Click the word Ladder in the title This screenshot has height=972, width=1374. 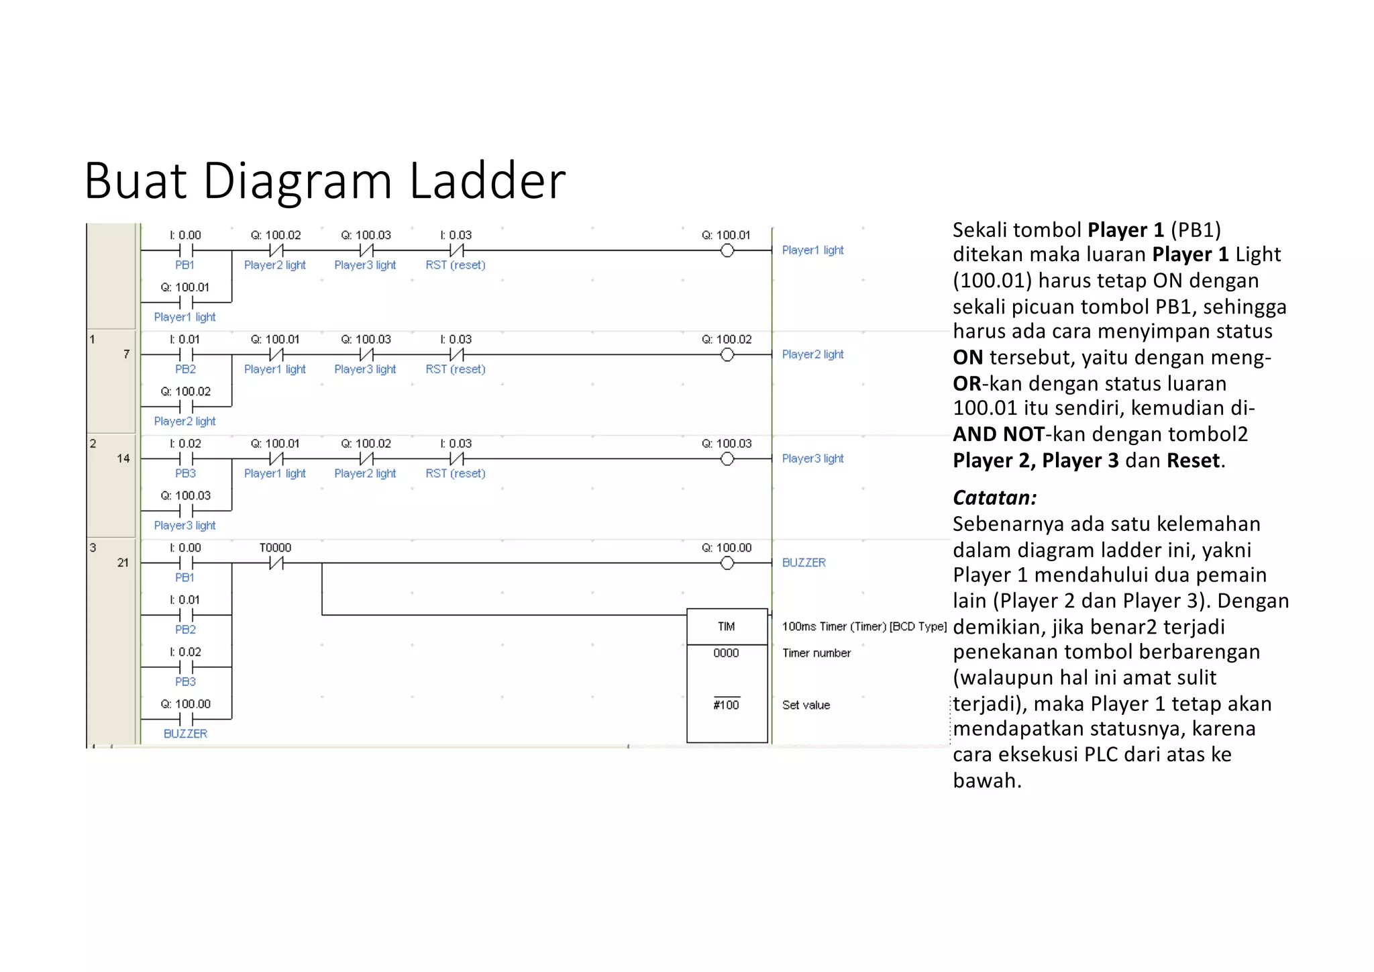(488, 181)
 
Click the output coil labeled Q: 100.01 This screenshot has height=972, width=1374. (727, 251)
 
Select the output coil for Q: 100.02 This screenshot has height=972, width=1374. (727, 355)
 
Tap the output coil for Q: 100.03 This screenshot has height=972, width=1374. (727, 459)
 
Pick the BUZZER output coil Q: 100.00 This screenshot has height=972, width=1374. (727, 563)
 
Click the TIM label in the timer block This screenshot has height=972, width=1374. (727, 626)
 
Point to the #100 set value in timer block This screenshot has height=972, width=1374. (727, 705)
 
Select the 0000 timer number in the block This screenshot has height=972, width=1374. (727, 653)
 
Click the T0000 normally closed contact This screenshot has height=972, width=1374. (276, 563)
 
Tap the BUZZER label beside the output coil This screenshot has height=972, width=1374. (804, 563)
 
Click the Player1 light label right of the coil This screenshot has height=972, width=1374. (812, 250)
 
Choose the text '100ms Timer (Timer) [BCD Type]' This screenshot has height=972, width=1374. (864, 626)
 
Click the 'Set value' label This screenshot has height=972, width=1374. (806, 705)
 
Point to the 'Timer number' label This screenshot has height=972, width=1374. (816, 653)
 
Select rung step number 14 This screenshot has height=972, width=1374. (123, 458)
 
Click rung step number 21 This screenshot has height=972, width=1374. (123, 563)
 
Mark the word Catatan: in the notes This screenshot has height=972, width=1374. (994, 497)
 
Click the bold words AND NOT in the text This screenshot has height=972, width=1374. (998, 434)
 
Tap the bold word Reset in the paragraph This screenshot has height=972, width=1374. (1193, 460)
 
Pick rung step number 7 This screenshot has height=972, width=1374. (126, 354)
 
